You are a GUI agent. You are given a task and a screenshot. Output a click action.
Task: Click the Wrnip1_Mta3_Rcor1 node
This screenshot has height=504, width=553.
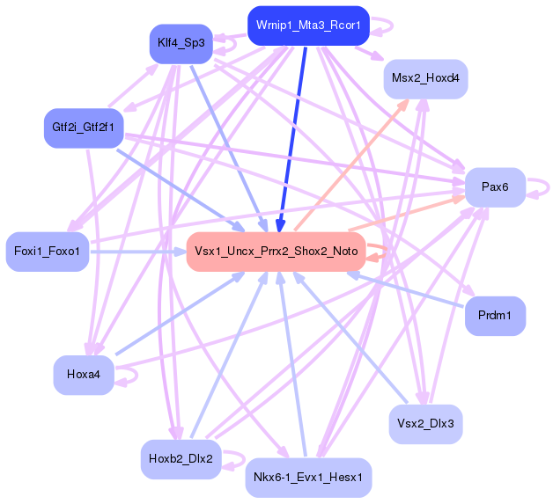(x=307, y=26)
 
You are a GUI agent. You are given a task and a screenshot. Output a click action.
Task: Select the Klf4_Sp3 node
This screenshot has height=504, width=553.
(x=181, y=42)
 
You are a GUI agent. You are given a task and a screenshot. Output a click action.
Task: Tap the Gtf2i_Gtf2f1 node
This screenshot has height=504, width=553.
(x=83, y=127)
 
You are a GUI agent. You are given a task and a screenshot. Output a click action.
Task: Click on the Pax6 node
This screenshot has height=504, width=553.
(x=496, y=186)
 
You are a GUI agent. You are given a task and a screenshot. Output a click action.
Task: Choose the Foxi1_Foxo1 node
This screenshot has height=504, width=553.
(x=48, y=252)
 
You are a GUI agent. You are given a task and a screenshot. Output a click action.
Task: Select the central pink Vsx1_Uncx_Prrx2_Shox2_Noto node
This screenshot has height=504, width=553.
(x=276, y=252)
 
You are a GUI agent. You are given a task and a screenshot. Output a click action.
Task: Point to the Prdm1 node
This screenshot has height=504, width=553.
(x=495, y=314)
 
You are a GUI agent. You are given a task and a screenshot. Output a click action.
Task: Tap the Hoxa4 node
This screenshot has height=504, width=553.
(x=84, y=374)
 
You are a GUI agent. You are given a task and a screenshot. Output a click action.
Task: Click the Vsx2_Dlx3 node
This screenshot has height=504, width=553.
(x=425, y=423)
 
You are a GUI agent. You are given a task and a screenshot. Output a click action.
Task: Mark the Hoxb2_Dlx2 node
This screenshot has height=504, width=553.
(x=181, y=458)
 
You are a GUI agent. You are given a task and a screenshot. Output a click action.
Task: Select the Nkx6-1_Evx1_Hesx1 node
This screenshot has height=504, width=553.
(x=308, y=478)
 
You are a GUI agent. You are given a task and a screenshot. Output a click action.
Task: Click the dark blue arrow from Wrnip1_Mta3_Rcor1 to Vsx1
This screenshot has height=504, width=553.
(x=293, y=132)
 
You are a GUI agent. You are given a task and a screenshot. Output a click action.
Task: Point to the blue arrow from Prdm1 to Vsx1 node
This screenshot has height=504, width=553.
(x=405, y=290)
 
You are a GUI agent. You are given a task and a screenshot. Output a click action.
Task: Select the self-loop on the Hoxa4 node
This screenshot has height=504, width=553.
(x=129, y=376)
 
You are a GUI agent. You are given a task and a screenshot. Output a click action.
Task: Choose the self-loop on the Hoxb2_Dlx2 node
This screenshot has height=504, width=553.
(x=234, y=459)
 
